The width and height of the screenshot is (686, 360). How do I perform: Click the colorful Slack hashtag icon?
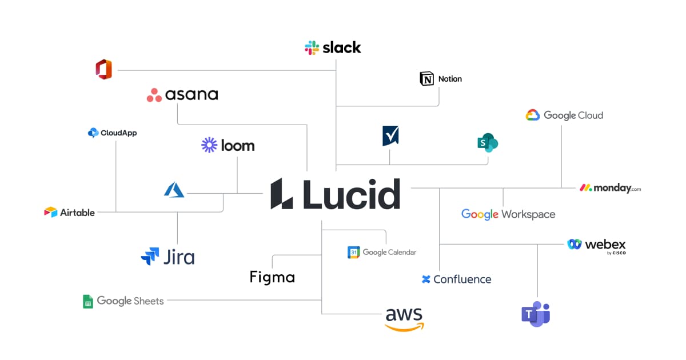(x=312, y=47)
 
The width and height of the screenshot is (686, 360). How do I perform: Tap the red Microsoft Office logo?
(x=104, y=70)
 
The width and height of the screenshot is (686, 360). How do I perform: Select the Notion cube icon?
(x=427, y=79)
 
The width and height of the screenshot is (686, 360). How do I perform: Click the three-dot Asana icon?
(x=154, y=95)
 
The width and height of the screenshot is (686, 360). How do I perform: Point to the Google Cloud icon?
(x=533, y=115)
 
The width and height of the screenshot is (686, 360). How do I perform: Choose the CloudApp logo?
(x=93, y=133)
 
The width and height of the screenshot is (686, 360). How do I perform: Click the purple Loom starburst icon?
(x=209, y=145)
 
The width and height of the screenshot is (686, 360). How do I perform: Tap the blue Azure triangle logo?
(x=174, y=190)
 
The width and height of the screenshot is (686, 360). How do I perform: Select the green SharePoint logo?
(x=488, y=143)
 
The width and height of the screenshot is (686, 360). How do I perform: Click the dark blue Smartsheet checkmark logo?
(x=390, y=136)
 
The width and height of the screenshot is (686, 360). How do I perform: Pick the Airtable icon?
(x=51, y=213)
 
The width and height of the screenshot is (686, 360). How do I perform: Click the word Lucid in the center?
(x=350, y=194)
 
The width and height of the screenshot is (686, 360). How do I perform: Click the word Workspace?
(x=528, y=214)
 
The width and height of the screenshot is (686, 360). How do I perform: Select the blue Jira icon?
(x=150, y=256)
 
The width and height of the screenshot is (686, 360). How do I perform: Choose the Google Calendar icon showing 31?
(x=354, y=252)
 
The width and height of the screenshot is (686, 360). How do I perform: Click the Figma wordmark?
(x=272, y=278)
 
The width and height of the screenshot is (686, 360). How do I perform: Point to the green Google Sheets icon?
(x=88, y=301)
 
